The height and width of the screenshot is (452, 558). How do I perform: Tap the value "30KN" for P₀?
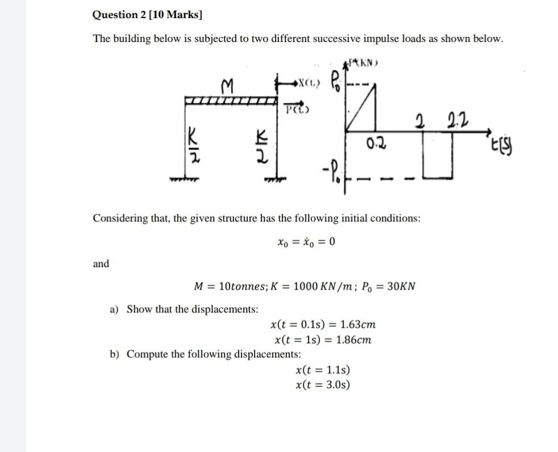tap(401, 286)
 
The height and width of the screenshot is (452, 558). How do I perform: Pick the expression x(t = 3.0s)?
tap(323, 384)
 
